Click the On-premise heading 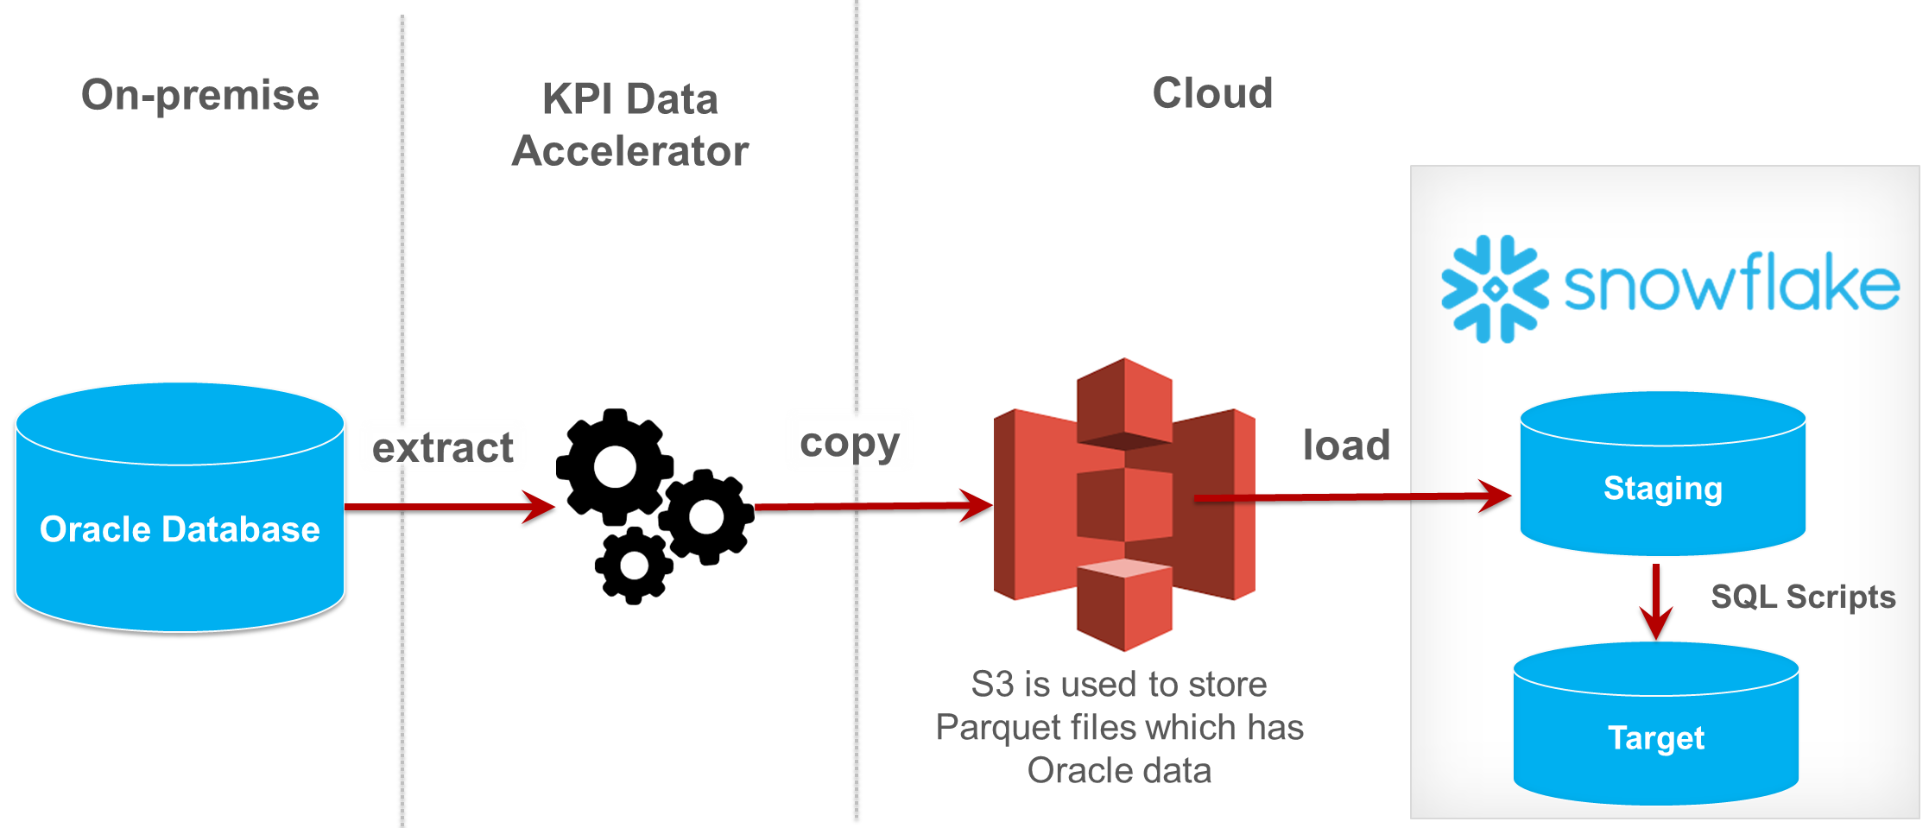point(199,95)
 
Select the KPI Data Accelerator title point(629,125)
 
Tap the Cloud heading point(1211,93)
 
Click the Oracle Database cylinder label point(180,529)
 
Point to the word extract point(442,448)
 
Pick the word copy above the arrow point(850,444)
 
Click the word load point(1345,446)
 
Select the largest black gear point(615,467)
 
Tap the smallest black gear point(634,566)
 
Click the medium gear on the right point(706,516)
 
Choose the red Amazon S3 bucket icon point(1124,504)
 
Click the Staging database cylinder point(1662,488)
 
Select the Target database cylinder point(1655,737)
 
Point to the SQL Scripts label point(1802,597)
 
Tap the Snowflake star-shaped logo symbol point(1495,289)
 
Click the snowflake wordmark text point(1730,284)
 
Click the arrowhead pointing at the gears point(540,507)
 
